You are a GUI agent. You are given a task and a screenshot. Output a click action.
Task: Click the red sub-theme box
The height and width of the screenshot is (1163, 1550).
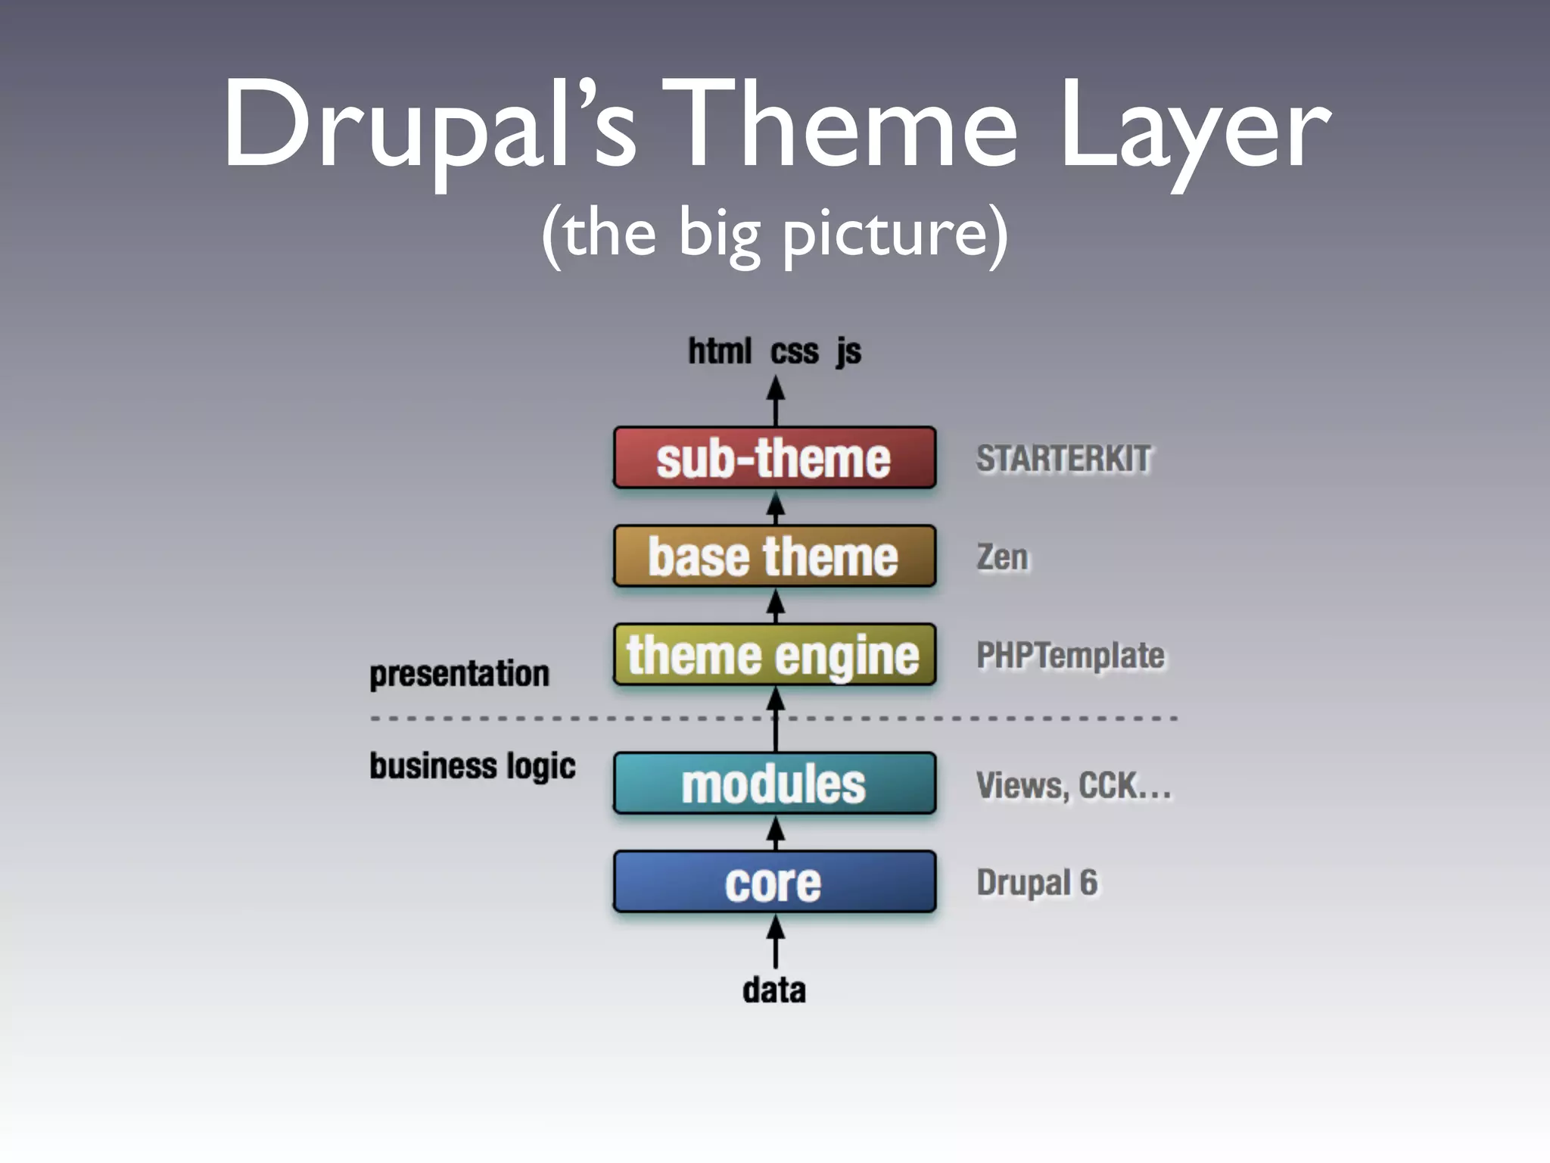tap(774, 458)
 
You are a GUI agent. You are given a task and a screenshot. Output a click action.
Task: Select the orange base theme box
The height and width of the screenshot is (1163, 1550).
tap(774, 557)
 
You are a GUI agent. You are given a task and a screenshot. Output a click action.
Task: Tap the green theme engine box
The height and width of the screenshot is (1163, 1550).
tap(774, 655)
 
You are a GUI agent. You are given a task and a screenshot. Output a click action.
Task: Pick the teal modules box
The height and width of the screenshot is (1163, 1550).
tap(774, 784)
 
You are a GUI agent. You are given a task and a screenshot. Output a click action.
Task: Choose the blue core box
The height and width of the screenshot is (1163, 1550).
tap(774, 882)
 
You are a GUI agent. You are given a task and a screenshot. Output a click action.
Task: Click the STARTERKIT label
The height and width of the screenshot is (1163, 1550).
tap(1063, 459)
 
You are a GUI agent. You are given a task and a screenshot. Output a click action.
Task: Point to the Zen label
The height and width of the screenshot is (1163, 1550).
tap(1002, 557)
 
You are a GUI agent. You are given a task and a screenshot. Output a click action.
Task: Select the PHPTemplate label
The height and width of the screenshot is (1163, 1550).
tap(1070, 656)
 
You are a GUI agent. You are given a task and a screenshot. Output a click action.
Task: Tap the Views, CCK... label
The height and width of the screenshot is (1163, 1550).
tap(1073, 785)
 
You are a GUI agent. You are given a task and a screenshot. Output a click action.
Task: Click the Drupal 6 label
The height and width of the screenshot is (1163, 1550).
tap(1037, 883)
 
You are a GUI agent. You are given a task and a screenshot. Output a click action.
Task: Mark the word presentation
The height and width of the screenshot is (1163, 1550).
tap(459, 674)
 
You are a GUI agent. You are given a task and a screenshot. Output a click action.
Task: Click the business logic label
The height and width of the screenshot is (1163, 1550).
tap(472, 766)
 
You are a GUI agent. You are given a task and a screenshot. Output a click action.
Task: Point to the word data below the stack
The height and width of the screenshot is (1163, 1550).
tap(774, 990)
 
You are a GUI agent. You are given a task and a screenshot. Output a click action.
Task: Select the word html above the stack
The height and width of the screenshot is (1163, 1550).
tap(720, 351)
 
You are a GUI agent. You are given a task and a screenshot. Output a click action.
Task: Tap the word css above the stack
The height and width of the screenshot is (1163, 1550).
tap(795, 352)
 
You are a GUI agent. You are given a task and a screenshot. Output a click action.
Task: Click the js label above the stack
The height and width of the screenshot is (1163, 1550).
tap(848, 352)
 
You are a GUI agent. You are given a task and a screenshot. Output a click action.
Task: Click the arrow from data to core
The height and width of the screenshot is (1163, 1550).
tap(775, 942)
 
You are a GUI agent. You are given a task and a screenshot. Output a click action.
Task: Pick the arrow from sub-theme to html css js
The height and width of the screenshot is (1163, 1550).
tap(775, 401)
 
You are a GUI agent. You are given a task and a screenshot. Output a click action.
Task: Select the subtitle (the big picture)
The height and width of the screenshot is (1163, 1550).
tap(774, 233)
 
